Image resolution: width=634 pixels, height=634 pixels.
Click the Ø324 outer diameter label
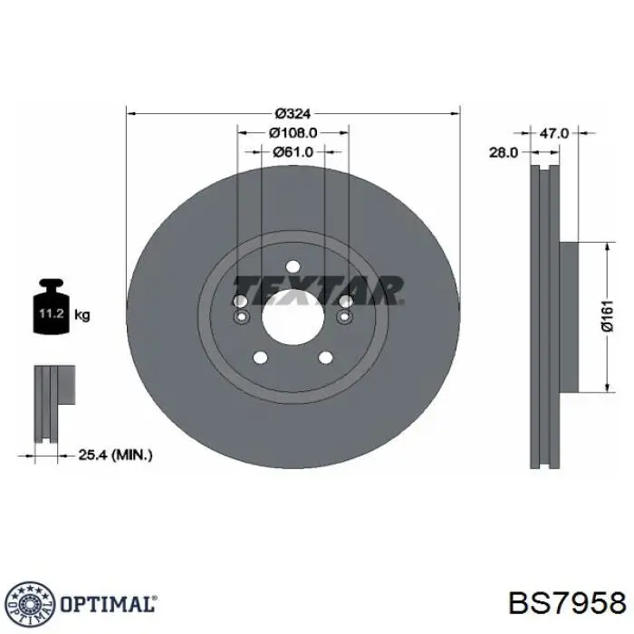click(x=293, y=114)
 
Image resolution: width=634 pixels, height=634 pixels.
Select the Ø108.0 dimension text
click(x=293, y=133)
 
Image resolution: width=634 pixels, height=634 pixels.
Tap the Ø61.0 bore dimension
click(x=293, y=152)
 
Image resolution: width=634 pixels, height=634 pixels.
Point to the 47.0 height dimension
click(x=554, y=133)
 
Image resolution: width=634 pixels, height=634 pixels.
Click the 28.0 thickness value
click(x=504, y=153)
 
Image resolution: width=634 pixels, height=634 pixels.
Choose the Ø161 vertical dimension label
click(x=608, y=317)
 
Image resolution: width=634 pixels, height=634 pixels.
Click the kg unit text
click(x=82, y=315)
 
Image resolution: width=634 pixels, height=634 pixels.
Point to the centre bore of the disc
click(x=293, y=317)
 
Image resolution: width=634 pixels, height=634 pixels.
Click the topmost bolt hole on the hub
click(x=293, y=265)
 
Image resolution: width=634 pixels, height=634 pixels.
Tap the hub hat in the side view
click(x=568, y=317)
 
